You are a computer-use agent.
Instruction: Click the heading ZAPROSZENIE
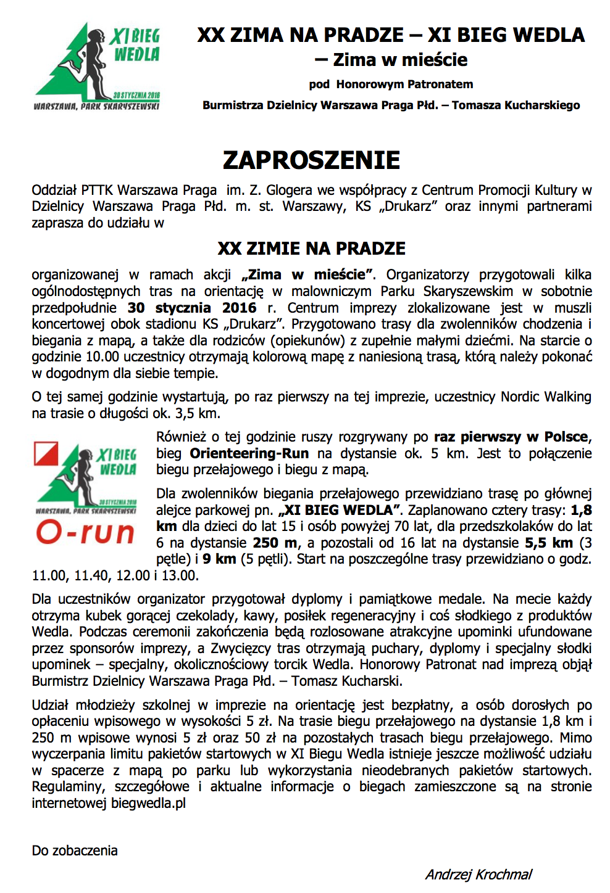click(311, 160)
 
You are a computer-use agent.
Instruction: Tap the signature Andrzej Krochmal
click(478, 874)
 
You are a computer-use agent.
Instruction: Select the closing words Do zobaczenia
click(75, 850)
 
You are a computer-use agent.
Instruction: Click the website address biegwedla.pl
click(148, 803)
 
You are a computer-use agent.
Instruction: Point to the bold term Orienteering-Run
click(249, 453)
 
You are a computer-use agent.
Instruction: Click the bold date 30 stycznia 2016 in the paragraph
click(191, 308)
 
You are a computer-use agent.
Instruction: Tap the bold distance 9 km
click(219, 559)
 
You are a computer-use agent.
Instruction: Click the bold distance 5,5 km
click(549, 543)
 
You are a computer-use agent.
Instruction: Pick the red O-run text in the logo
click(85, 533)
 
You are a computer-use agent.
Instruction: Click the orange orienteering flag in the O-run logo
click(46, 453)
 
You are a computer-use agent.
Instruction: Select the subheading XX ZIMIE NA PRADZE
click(311, 249)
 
